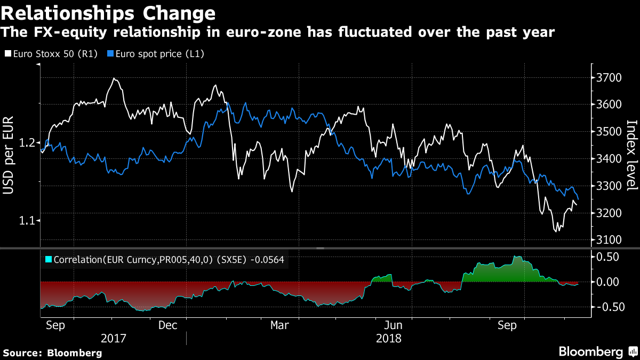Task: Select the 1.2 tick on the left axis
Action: pyautogui.click(x=28, y=143)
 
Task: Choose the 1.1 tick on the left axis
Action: pyautogui.click(x=28, y=220)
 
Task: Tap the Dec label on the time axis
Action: pyautogui.click(x=168, y=325)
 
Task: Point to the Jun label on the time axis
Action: pyautogui.click(x=393, y=325)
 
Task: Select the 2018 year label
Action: pyautogui.click(x=389, y=338)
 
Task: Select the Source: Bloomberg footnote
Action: pyautogui.click(x=52, y=353)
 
